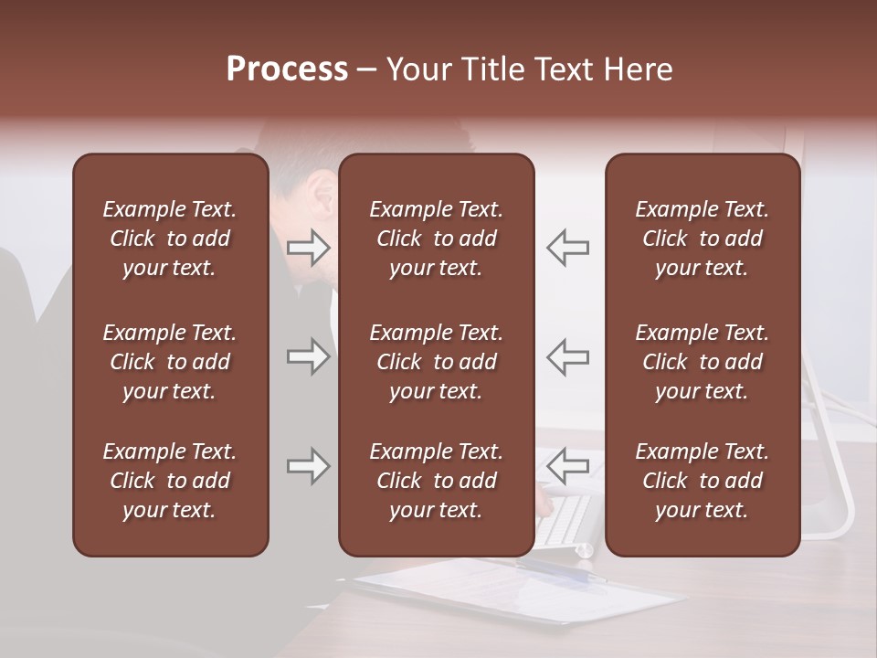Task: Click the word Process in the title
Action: point(287,69)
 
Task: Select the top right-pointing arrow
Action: point(309,247)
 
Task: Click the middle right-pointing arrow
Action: point(309,356)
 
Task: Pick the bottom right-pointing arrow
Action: point(309,466)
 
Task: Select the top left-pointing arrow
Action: point(567,247)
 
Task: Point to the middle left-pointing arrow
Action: point(567,356)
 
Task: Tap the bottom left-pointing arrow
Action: point(567,466)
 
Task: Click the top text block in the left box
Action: point(170,239)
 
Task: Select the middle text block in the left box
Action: point(170,362)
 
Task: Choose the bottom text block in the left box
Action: point(170,481)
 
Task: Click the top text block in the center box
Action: point(436,239)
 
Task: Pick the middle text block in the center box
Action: point(436,362)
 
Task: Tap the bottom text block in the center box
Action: point(436,481)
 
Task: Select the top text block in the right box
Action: point(702,239)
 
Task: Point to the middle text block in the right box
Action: point(702,362)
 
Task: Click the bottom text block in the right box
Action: point(702,481)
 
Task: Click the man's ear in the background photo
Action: point(322,195)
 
